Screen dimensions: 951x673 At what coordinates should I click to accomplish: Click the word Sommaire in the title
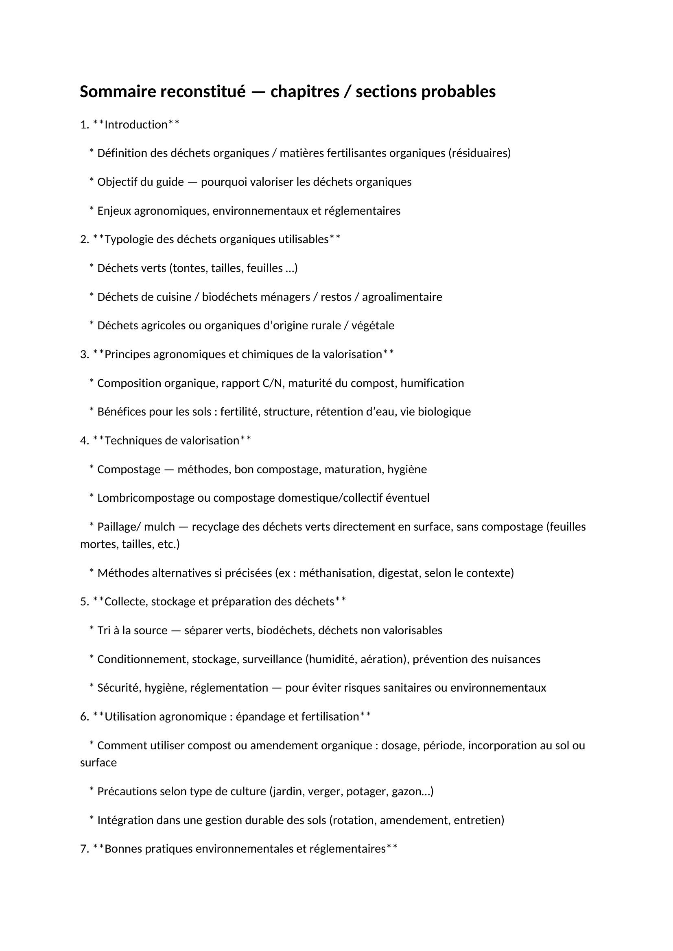tap(118, 92)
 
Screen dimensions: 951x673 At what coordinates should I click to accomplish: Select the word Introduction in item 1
tap(136, 125)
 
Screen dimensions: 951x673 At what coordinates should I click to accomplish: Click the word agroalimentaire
tap(402, 297)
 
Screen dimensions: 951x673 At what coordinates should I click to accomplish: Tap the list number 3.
tap(83, 355)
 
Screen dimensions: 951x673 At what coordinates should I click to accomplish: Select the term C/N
tap(272, 383)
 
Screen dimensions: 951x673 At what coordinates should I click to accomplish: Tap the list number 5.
tap(83, 602)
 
